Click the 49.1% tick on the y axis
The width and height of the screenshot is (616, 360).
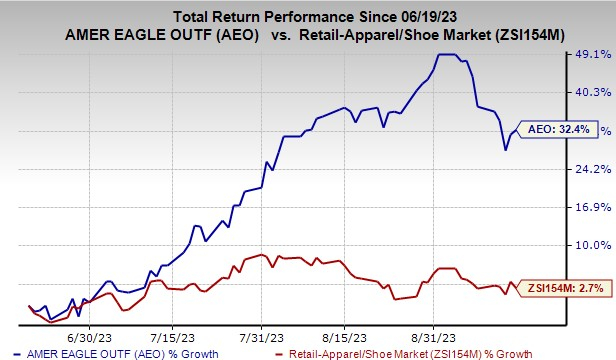(x=590, y=55)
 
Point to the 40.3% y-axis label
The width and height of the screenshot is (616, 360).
(x=590, y=92)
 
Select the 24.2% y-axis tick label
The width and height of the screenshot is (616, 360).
(x=590, y=168)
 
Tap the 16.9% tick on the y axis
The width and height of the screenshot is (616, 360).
(x=590, y=207)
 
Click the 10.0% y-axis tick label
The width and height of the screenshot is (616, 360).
(x=590, y=245)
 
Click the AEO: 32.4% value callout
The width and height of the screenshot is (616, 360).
(x=561, y=130)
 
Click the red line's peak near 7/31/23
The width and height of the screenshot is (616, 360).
(x=261, y=255)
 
